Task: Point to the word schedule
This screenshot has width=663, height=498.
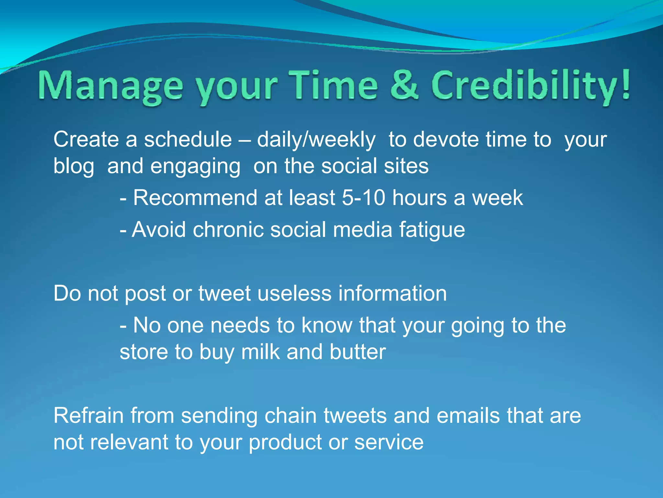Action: pyautogui.click(x=188, y=139)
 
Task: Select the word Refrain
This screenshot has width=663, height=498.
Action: pyautogui.click(x=88, y=416)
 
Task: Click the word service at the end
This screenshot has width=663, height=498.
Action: pyautogui.click(x=388, y=442)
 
